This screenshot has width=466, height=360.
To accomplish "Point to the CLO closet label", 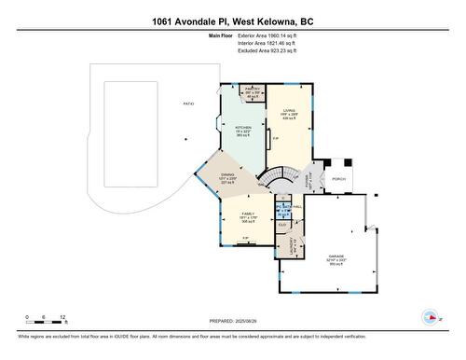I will coord(282,225).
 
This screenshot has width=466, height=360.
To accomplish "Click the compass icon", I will coord(430,317).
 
